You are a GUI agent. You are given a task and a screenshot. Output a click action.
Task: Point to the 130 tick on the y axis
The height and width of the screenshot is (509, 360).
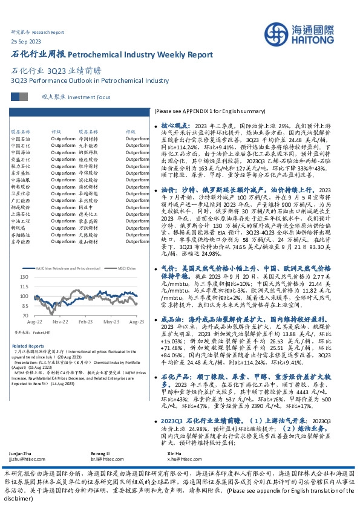pyautogui.click(x=24, y=276)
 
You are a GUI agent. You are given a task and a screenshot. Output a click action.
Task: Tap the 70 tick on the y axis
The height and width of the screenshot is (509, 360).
pyautogui.click(x=25, y=316)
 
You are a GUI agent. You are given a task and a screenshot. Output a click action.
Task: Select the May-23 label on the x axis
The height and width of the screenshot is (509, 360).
pyautogui.click(x=110, y=323)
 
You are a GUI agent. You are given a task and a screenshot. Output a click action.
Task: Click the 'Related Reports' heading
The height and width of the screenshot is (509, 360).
pyautogui.click(x=24, y=346)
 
